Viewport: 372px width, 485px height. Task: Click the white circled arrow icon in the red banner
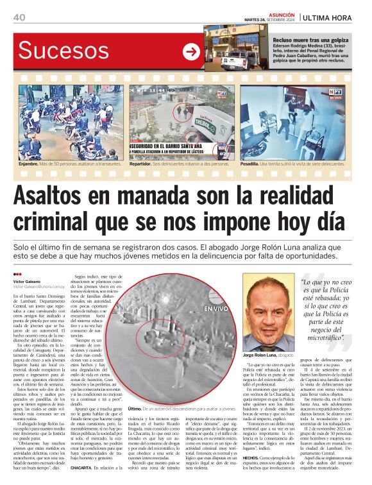190,51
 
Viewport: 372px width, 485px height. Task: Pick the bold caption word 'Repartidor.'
143,164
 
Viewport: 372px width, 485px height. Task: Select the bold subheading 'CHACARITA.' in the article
83,468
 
